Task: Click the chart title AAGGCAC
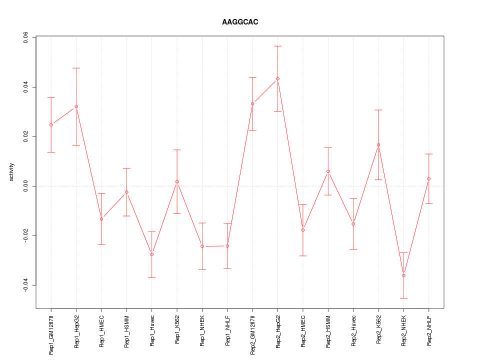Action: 240,22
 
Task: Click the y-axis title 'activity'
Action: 11,172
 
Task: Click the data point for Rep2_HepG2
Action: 277,78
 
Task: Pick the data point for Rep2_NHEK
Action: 403,275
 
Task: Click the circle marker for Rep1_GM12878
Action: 51,124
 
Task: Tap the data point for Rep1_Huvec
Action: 152,254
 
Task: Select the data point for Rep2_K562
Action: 378,145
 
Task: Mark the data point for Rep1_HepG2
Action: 76,106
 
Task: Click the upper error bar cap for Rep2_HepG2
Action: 277,46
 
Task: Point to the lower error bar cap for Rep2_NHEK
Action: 403,298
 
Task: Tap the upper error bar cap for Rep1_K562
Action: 177,150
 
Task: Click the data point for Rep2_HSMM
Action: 328,171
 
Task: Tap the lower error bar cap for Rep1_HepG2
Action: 76,145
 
